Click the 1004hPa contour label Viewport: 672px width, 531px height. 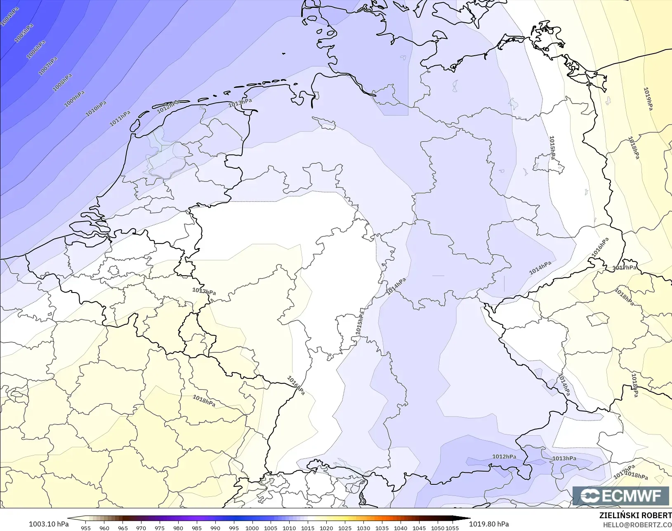coord(9,17)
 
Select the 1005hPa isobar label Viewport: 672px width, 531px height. coord(24,33)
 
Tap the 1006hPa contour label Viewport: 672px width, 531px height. coord(36,50)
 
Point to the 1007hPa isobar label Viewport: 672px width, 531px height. coord(48,66)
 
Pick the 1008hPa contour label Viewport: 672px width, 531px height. coord(62,82)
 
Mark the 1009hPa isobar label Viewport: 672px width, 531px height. coord(74,99)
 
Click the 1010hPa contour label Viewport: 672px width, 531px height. coord(96,109)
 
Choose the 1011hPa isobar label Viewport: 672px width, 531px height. coord(120,118)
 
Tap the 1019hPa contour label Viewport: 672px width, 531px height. coord(648,99)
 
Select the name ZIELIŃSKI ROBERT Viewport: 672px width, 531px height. coord(635,515)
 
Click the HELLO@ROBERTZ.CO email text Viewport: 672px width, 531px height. coord(637,525)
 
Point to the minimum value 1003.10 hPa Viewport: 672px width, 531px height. coord(49,524)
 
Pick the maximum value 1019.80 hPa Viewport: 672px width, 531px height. coord(489,524)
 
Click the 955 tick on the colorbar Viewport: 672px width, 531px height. coord(86,528)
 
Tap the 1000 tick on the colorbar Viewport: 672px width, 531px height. coord(252,528)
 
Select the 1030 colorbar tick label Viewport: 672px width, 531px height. coord(363,528)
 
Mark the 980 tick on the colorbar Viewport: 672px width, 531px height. coord(178,528)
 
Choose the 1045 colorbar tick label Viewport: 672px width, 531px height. coord(419,528)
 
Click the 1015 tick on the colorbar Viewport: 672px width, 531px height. coord(308,528)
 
